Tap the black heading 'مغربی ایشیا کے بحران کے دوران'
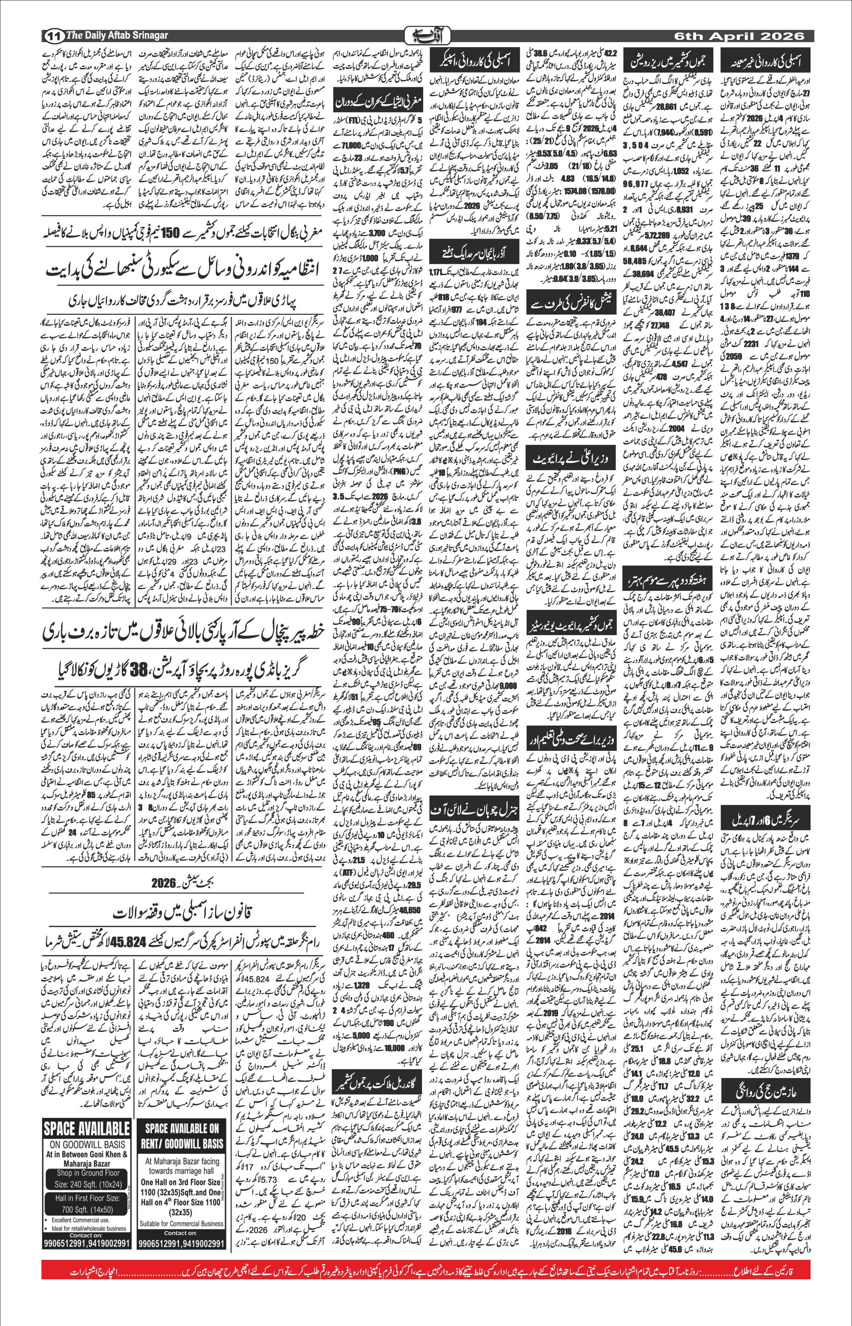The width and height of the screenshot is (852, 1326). (378, 99)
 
